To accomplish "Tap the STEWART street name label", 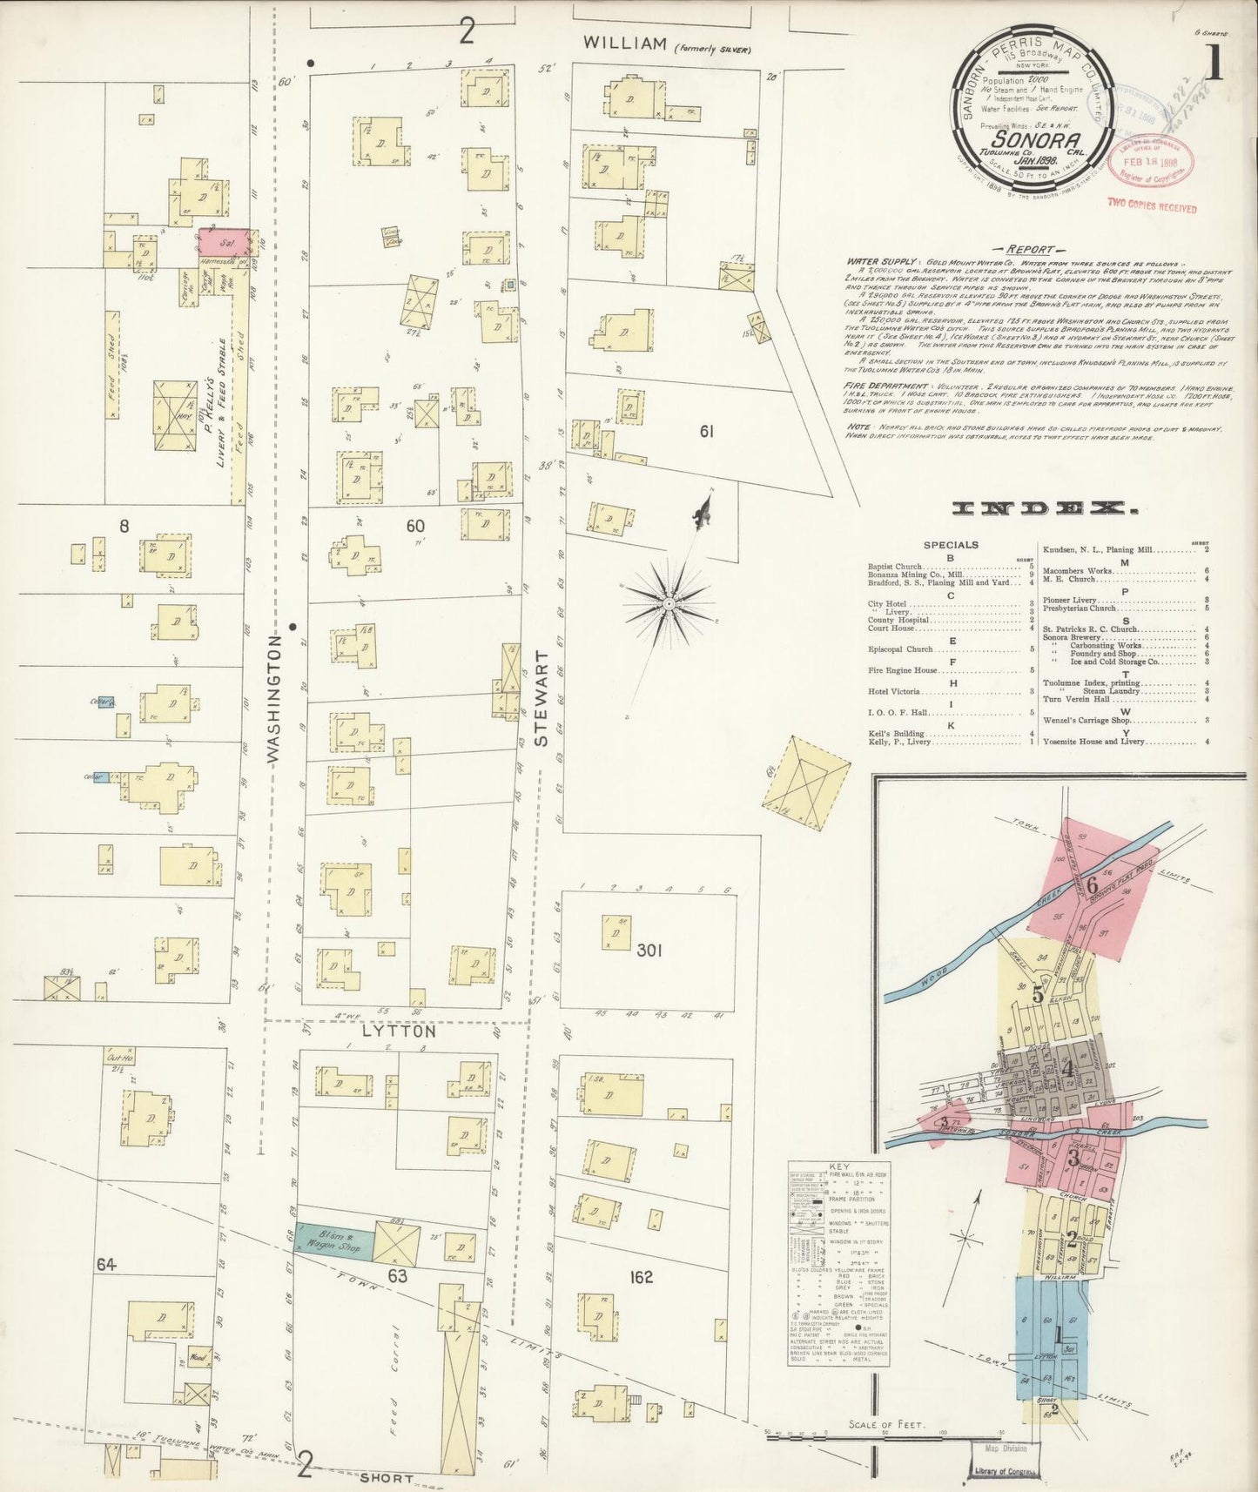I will click(543, 699).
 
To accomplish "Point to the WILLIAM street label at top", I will click(627, 43).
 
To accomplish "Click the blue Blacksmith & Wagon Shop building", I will click(334, 1240).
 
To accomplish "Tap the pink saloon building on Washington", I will click(226, 240).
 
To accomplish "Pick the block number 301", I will click(649, 950).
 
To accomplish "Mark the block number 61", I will click(706, 430).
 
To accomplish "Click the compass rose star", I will click(669, 602).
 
